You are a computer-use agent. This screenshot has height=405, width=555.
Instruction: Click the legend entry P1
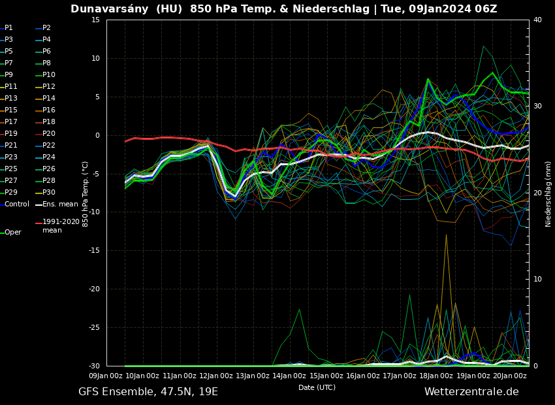point(8,28)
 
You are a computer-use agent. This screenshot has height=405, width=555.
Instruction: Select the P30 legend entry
point(49,193)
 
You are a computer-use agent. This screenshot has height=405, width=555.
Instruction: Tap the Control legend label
point(17,204)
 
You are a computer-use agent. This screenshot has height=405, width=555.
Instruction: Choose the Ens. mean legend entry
point(60,204)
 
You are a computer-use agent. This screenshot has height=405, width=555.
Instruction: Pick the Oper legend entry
point(12,233)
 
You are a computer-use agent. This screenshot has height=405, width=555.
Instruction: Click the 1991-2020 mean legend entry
point(61,226)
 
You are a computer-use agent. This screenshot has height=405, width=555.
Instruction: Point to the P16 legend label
point(49,110)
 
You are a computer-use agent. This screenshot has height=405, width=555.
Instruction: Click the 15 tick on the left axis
point(95,20)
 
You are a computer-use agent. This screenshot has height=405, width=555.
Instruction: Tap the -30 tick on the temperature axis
point(93,366)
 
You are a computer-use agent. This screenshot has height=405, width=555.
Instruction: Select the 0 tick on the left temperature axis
point(97,136)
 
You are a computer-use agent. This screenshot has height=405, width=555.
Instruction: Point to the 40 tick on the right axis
point(537,20)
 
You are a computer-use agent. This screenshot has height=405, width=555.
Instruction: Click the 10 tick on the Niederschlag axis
point(537,280)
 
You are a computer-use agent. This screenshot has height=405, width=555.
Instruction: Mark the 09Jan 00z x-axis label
point(106,376)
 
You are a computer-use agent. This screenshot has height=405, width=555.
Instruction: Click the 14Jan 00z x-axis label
point(291,376)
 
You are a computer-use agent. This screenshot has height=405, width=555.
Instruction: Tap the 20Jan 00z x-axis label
point(511,376)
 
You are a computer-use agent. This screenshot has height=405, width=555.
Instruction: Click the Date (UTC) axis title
point(317,388)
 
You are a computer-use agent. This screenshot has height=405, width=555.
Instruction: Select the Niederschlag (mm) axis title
point(548,193)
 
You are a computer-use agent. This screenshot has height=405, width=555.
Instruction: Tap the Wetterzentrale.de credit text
point(471,392)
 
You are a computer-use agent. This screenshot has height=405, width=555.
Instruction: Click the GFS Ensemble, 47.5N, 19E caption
point(148,392)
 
